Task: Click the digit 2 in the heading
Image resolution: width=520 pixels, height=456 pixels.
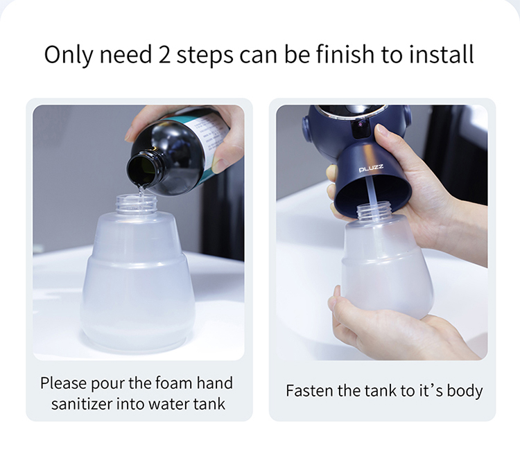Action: (164, 54)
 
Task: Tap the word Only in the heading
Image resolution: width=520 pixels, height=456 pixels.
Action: (69, 55)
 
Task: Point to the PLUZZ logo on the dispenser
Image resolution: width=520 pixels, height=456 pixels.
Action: (371, 168)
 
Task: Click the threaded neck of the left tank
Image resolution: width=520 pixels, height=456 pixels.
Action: (136, 204)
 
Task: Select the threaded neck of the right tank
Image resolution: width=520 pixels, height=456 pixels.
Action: (374, 210)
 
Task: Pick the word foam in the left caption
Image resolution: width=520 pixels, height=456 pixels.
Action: (173, 383)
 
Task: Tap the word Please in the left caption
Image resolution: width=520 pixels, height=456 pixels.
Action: (63, 384)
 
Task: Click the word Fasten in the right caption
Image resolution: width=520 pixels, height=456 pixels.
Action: (310, 390)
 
